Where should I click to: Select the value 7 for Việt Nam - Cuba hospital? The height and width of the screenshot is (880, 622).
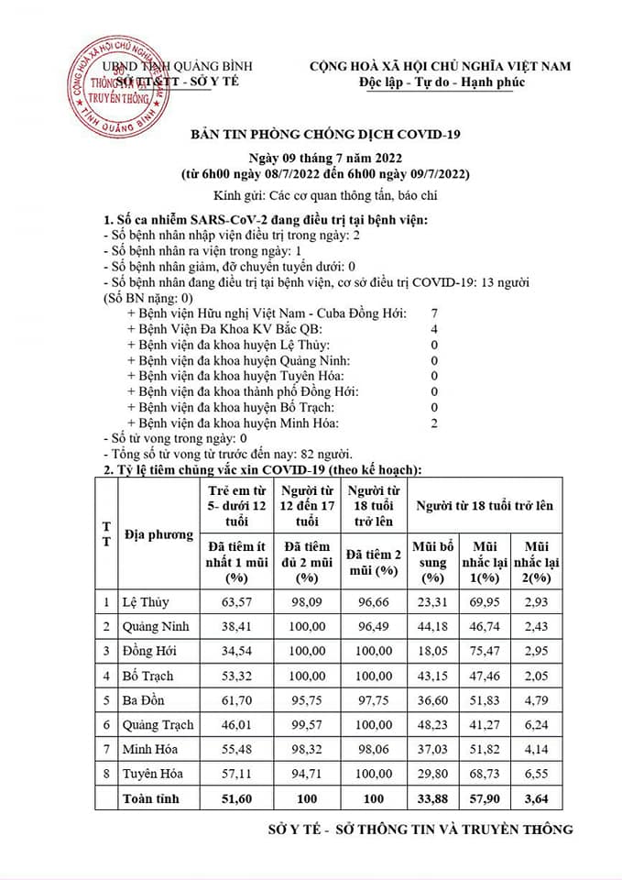click(434, 313)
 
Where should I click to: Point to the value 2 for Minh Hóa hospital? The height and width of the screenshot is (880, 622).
click(434, 423)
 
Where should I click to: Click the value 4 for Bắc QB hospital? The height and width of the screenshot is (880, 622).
click(434, 329)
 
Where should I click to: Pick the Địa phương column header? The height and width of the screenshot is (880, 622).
click(158, 534)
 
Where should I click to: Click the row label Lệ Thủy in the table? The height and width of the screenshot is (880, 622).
click(147, 602)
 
